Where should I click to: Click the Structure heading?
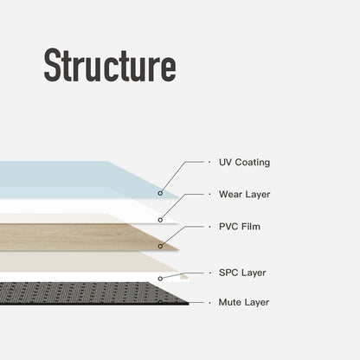(x=110, y=66)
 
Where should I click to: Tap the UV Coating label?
(x=244, y=162)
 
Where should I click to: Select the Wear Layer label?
(x=244, y=194)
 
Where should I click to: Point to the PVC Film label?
(x=239, y=227)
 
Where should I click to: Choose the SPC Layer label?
(x=242, y=273)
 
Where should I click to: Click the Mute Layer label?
(x=244, y=302)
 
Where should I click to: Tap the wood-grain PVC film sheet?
(x=78, y=236)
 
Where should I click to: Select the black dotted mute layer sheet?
(x=78, y=292)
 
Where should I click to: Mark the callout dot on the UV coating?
(x=160, y=193)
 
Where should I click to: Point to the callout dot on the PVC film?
(x=159, y=246)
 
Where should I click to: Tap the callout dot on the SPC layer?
(x=161, y=278)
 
